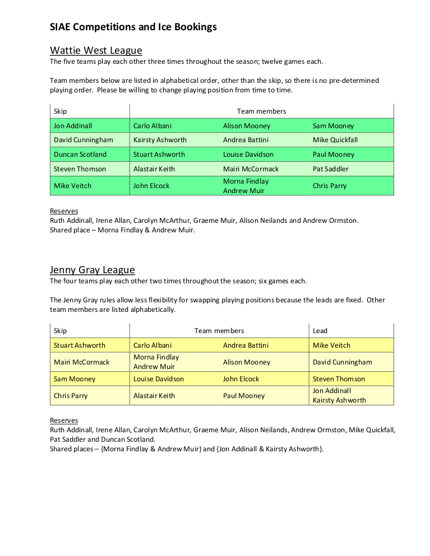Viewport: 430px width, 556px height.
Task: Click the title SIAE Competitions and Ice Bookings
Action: point(133,27)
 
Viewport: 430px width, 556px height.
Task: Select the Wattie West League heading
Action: point(96,51)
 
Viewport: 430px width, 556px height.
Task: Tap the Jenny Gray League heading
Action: point(92,270)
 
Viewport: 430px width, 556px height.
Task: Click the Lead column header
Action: point(320,331)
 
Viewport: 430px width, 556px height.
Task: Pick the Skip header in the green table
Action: point(60,111)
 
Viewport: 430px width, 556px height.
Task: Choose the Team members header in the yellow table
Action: point(219,331)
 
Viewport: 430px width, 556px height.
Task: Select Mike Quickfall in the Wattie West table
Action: point(335,140)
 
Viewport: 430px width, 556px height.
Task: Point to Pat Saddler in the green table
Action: point(330,169)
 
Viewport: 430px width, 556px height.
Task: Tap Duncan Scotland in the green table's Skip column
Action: point(80,155)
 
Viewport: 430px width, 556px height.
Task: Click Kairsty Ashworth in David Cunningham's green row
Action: point(160,140)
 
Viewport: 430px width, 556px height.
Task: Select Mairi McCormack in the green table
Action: point(251,169)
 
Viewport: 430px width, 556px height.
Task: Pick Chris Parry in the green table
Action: point(330,186)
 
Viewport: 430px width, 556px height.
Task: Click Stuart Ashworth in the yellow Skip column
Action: point(79,345)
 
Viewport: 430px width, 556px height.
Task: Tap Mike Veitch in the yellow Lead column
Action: point(331,345)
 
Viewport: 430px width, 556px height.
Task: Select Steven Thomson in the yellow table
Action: point(339,379)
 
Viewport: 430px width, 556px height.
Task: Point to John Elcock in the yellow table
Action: point(241,379)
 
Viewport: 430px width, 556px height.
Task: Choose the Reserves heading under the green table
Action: point(64,211)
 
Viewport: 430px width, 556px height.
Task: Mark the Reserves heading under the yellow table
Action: point(64,420)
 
